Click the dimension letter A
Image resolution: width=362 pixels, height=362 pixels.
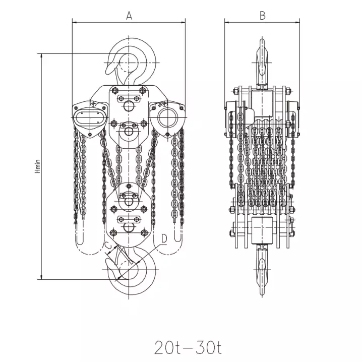[x=129, y=16]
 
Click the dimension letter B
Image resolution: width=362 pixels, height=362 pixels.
[x=263, y=16]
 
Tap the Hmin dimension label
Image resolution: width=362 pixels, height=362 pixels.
[x=38, y=166]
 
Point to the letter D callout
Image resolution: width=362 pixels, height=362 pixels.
[x=164, y=238]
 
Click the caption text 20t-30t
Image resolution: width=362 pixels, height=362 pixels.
[x=188, y=347]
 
